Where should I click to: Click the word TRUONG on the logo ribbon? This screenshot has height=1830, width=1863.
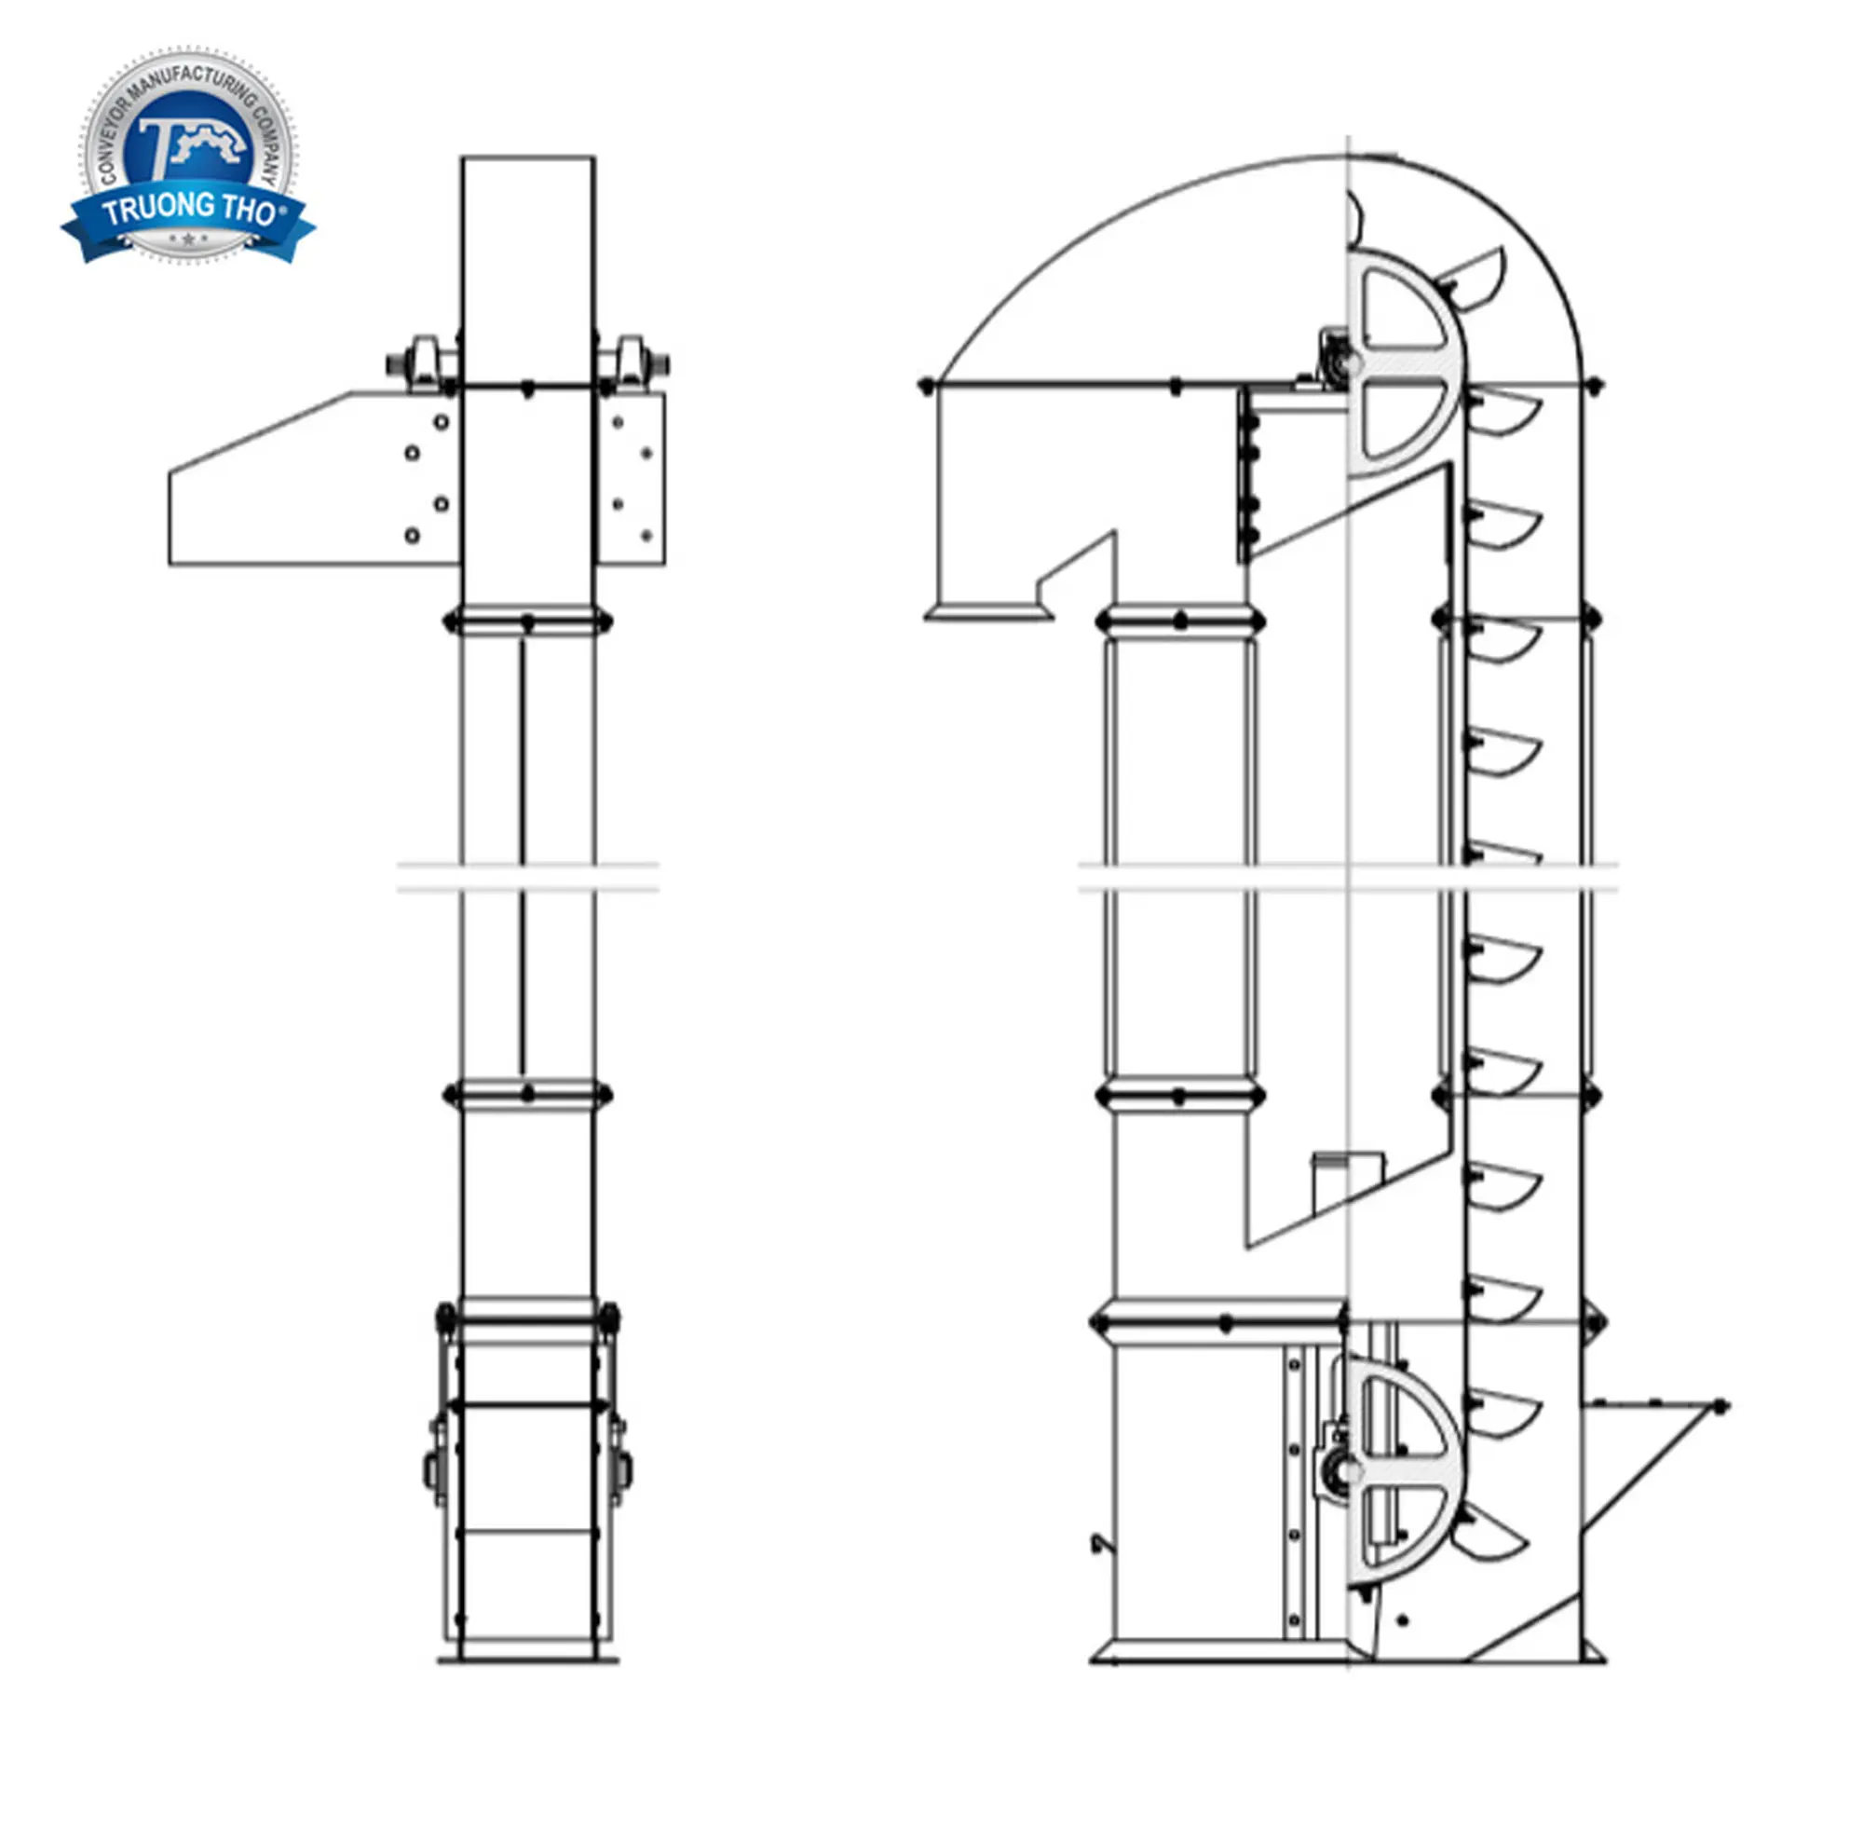(159, 209)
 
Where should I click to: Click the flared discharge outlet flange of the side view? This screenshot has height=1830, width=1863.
(988, 611)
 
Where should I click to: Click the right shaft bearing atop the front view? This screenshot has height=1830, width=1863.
(633, 363)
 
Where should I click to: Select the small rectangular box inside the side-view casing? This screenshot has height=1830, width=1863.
(1348, 1183)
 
